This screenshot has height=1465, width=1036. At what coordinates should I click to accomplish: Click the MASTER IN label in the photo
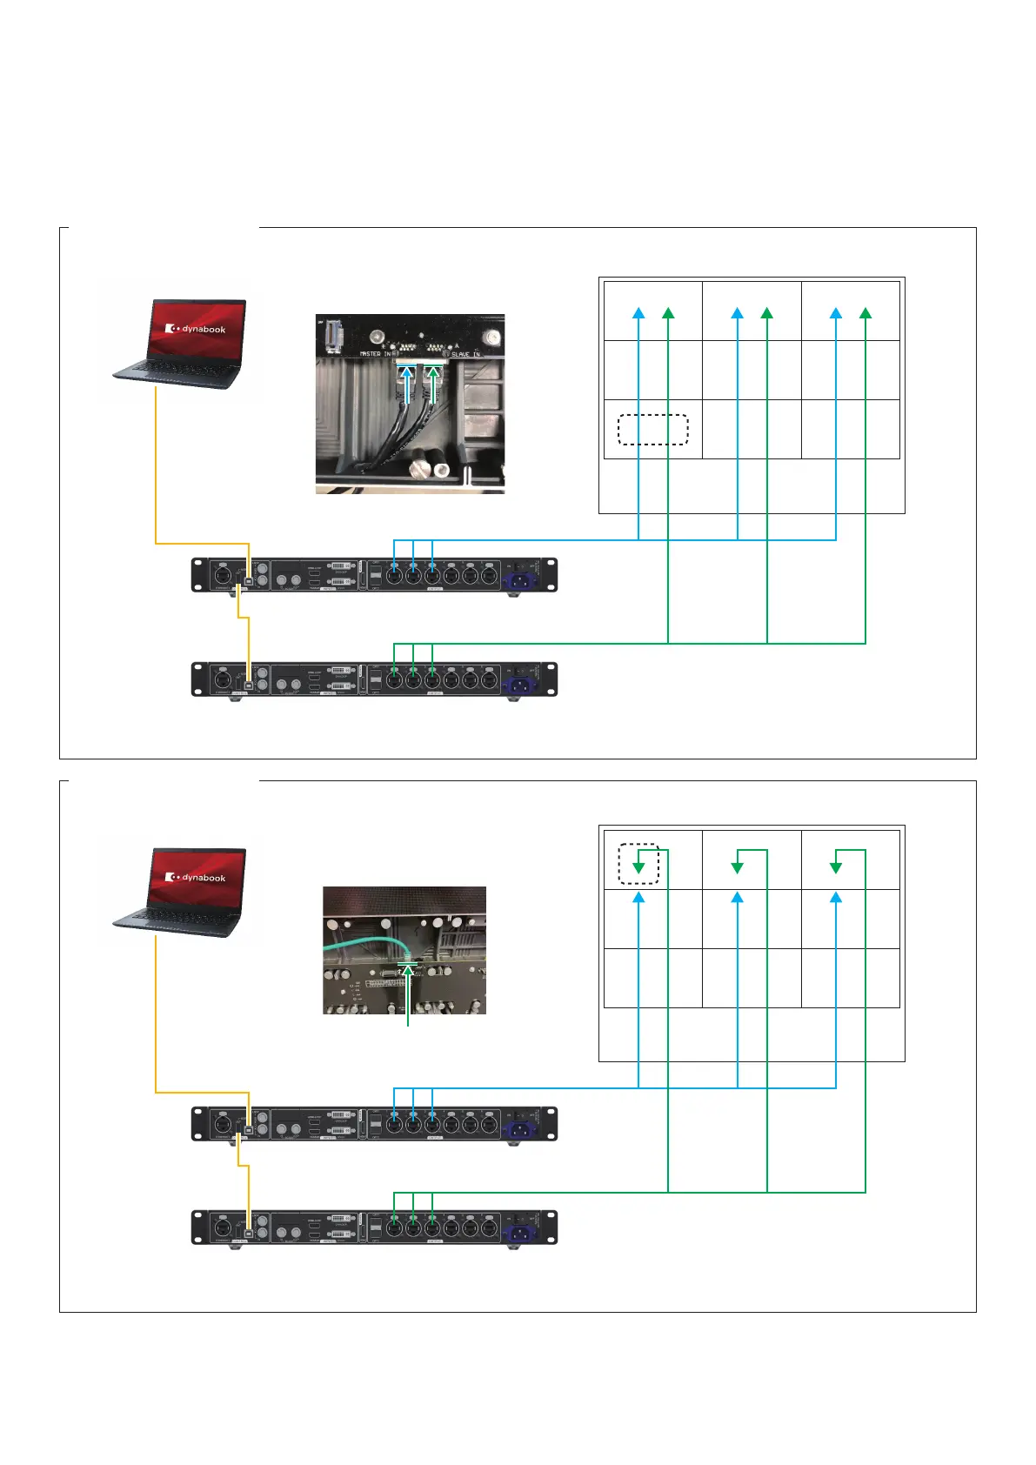coord(376,354)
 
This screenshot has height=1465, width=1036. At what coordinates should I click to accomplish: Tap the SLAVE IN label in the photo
coord(465,354)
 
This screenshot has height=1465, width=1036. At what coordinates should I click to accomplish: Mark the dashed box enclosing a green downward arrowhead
coord(638,864)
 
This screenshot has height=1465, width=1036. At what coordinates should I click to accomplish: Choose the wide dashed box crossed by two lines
coord(652,430)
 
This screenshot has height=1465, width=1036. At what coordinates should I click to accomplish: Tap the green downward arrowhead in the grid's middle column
coord(738,867)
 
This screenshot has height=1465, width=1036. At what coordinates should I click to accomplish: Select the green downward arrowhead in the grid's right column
coord(836,867)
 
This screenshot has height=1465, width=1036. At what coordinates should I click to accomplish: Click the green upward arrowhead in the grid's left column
coord(668,313)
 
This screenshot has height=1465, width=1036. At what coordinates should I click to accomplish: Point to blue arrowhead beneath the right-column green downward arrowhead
coord(836,896)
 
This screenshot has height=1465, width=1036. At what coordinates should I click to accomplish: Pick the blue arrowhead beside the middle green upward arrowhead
coord(738,313)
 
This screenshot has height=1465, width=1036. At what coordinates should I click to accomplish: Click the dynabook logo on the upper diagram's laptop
coord(197,330)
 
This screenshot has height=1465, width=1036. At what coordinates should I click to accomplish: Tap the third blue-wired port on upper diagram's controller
coord(432,575)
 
